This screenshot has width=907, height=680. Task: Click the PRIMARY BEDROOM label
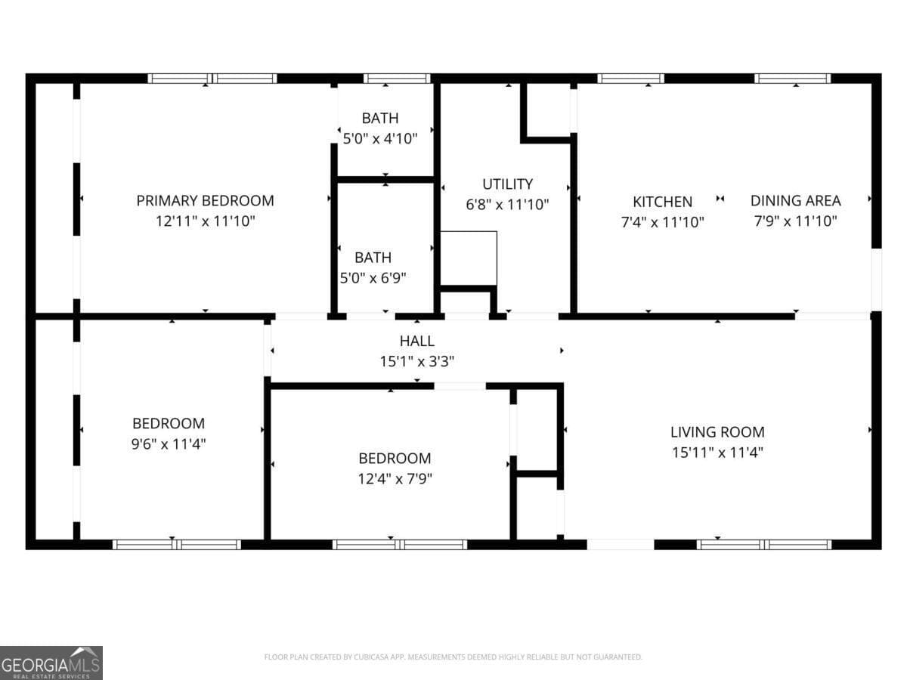(x=205, y=200)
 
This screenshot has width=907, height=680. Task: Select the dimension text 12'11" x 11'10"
(x=205, y=221)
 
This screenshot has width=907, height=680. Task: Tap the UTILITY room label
(x=507, y=184)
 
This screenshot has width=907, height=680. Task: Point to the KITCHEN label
(x=662, y=202)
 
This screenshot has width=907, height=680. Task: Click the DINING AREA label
(x=795, y=200)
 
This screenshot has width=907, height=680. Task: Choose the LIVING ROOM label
(x=717, y=432)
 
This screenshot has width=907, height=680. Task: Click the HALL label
(x=416, y=342)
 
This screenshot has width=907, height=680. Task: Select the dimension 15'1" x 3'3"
(x=416, y=362)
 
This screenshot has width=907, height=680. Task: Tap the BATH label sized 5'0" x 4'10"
(x=379, y=118)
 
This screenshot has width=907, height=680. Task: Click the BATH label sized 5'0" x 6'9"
(x=373, y=258)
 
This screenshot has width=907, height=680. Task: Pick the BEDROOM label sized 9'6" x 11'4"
(x=169, y=423)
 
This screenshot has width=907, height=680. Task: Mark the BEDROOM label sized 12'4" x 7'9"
(x=395, y=458)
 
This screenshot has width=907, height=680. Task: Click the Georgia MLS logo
(x=51, y=663)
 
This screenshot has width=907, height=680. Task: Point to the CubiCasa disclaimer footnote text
(x=453, y=657)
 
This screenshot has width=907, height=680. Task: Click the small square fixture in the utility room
(x=469, y=258)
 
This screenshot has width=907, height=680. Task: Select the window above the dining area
(x=792, y=78)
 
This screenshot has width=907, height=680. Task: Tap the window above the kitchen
(x=630, y=78)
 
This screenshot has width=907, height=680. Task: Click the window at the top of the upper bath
(x=397, y=78)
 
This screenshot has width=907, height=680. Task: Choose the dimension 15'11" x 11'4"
(x=717, y=453)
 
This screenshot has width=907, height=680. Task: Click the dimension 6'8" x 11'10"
(x=507, y=204)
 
